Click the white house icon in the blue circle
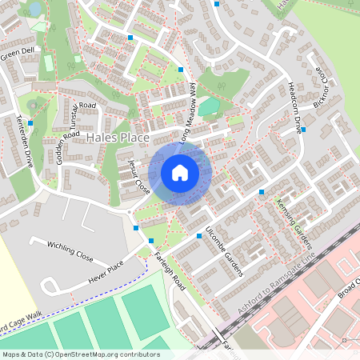pos(180,172)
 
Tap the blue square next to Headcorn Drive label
pos(303,129)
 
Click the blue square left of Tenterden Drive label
pos(30,123)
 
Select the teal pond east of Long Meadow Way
pos(209,106)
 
